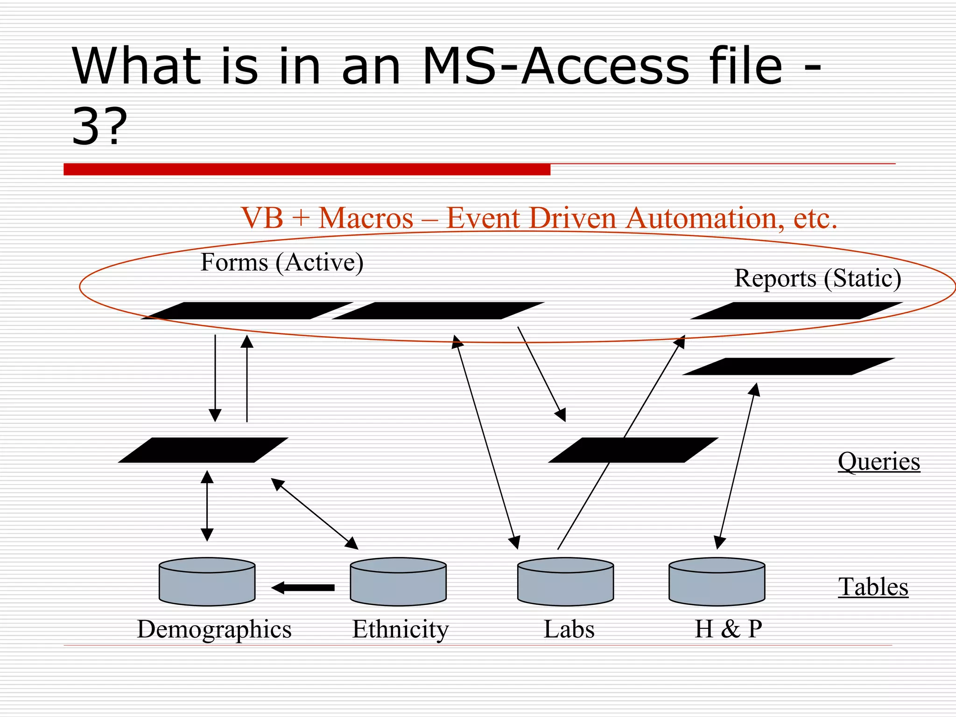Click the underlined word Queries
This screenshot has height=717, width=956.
tap(879, 462)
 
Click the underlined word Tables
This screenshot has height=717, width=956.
tap(873, 587)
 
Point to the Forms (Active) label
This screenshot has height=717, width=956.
tap(281, 262)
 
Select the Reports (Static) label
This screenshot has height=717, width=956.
tap(817, 278)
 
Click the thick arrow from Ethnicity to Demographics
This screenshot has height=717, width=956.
tap(303, 588)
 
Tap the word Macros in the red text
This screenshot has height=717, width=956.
tap(366, 218)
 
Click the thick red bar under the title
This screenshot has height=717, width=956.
tap(307, 169)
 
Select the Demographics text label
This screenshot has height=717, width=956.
tap(214, 629)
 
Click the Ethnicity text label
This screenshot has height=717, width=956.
tap(400, 629)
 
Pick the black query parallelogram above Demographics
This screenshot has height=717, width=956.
tap(203, 450)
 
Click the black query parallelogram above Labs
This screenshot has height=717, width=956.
tap(633, 450)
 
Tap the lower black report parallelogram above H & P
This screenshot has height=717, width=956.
tap(788, 366)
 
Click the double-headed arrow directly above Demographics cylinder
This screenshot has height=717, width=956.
tap(207, 506)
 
